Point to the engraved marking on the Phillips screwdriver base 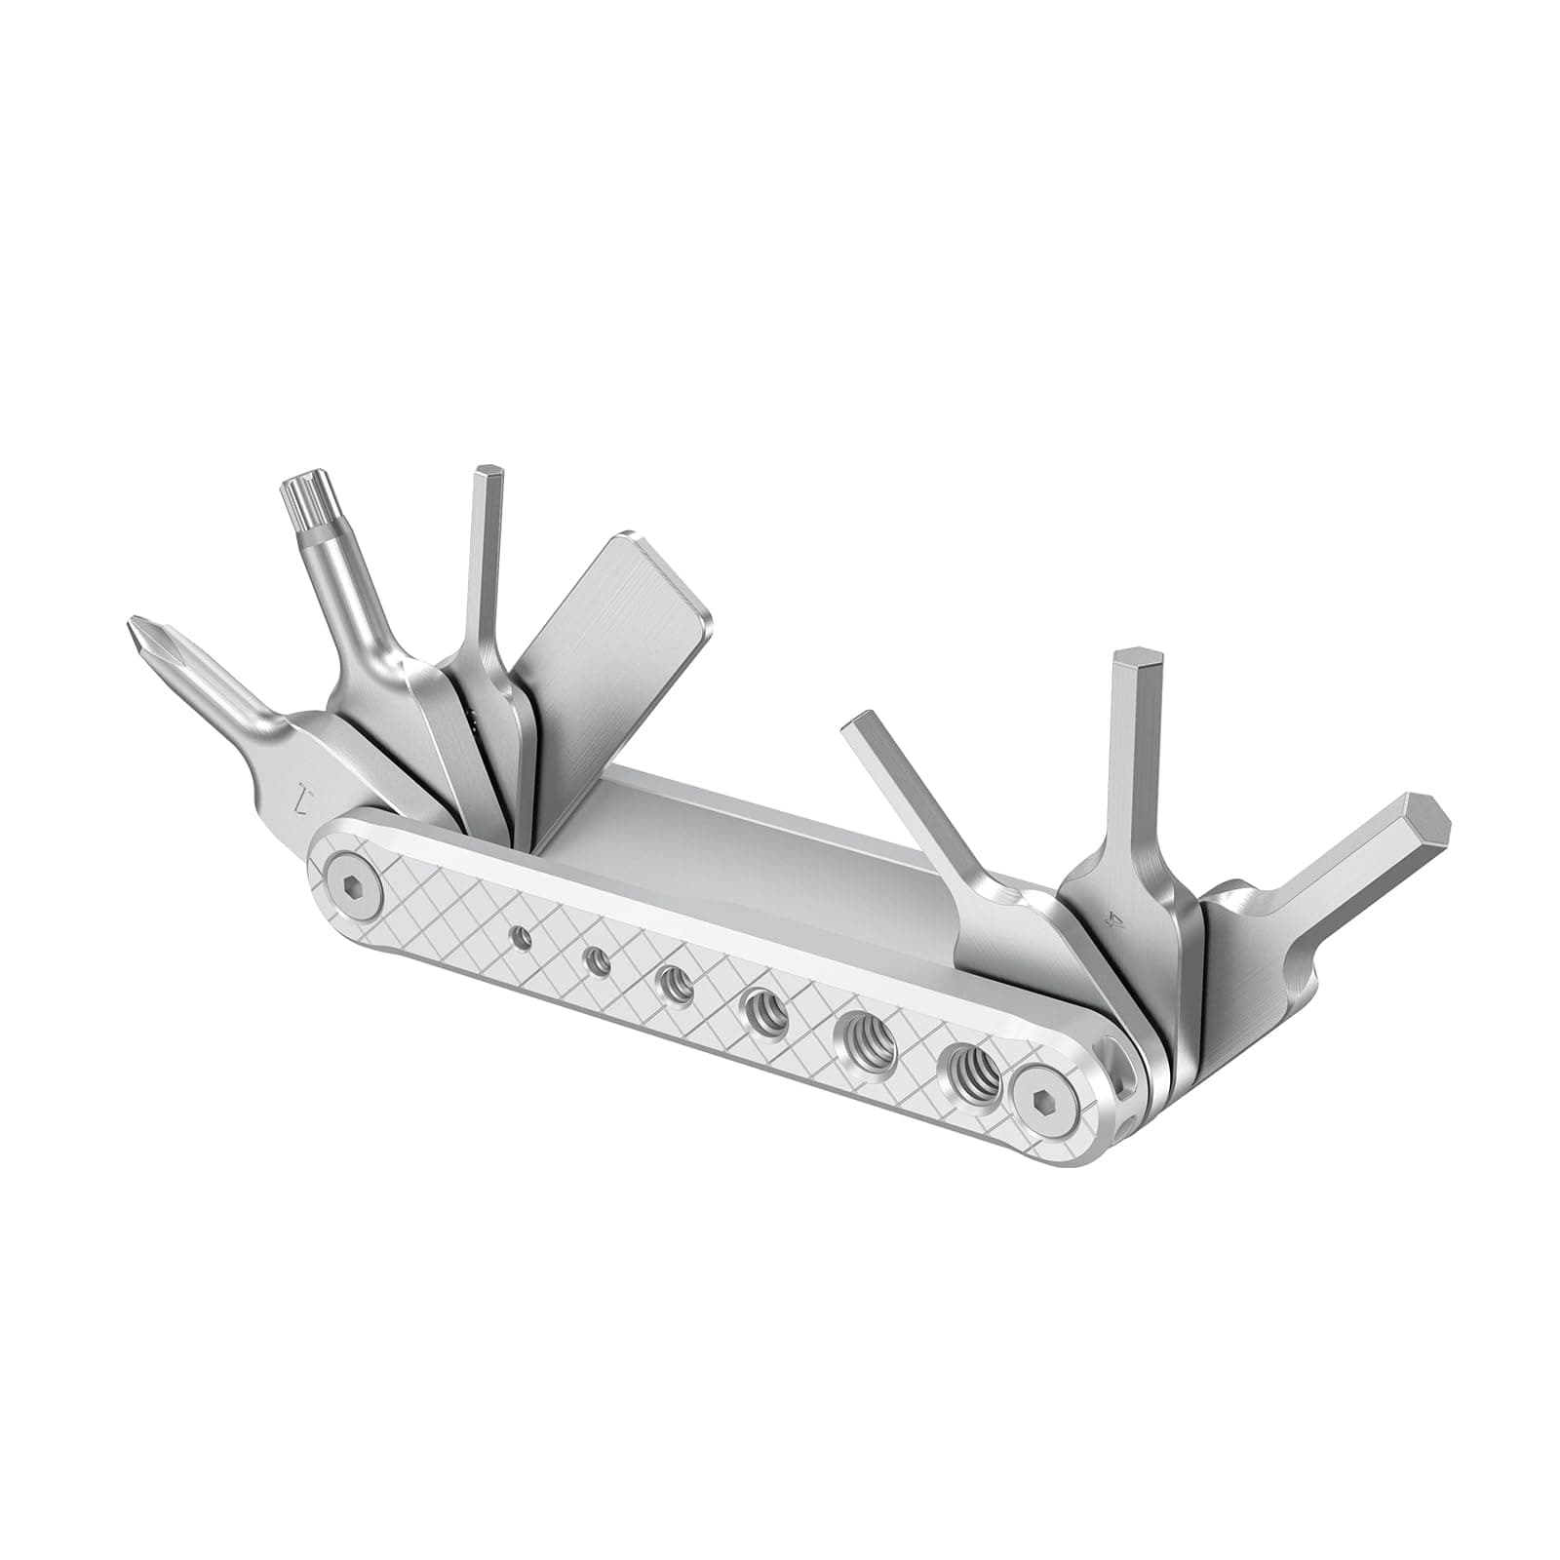(305, 800)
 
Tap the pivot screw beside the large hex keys (1040, 1099)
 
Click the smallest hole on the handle (525, 938)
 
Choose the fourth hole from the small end (763, 1016)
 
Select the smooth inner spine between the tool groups (741, 838)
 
